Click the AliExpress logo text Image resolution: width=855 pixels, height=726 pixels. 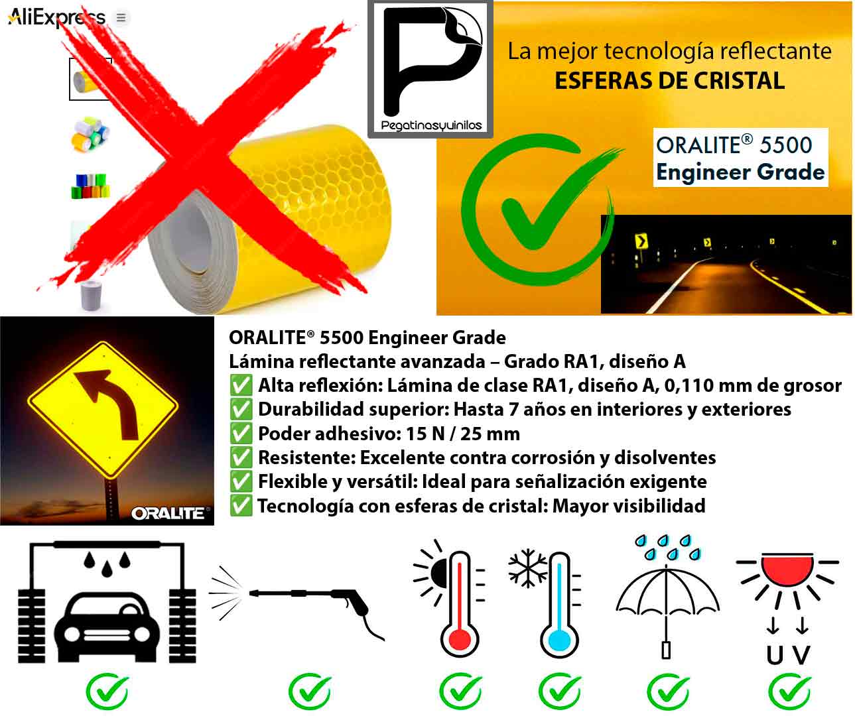[57, 17]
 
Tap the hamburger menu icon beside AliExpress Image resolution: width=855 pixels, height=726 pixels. [121, 18]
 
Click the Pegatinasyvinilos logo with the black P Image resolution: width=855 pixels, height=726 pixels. [430, 69]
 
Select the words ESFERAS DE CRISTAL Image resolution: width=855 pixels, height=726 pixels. [670, 81]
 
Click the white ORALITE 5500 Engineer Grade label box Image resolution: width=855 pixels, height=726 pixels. [740, 158]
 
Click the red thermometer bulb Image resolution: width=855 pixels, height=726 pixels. [460, 640]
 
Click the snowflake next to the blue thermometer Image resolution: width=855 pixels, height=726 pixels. [527, 568]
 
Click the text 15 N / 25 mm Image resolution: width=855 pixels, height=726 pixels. [463, 434]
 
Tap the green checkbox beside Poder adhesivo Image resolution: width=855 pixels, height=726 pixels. [241, 434]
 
